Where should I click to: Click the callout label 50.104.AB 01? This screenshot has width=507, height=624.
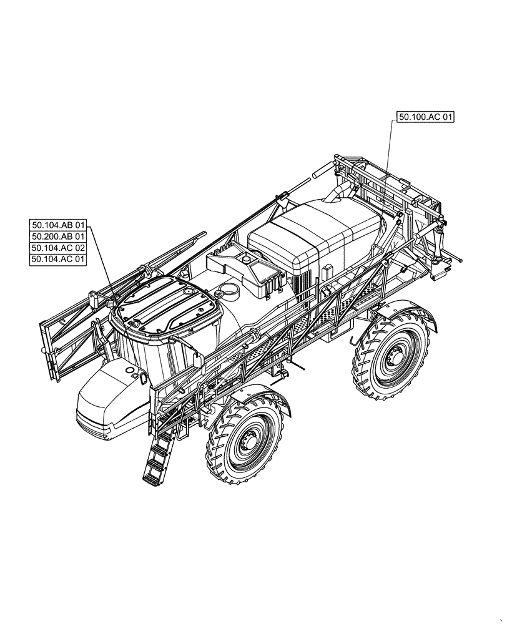pyautogui.click(x=59, y=225)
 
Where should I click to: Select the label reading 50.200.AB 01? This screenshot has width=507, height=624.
pyautogui.click(x=59, y=236)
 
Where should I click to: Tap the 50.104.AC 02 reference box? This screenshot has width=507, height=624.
pyautogui.click(x=59, y=248)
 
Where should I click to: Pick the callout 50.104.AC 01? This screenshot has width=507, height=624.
pyautogui.click(x=59, y=259)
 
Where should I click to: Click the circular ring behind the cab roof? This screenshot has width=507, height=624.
pyautogui.click(x=229, y=290)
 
